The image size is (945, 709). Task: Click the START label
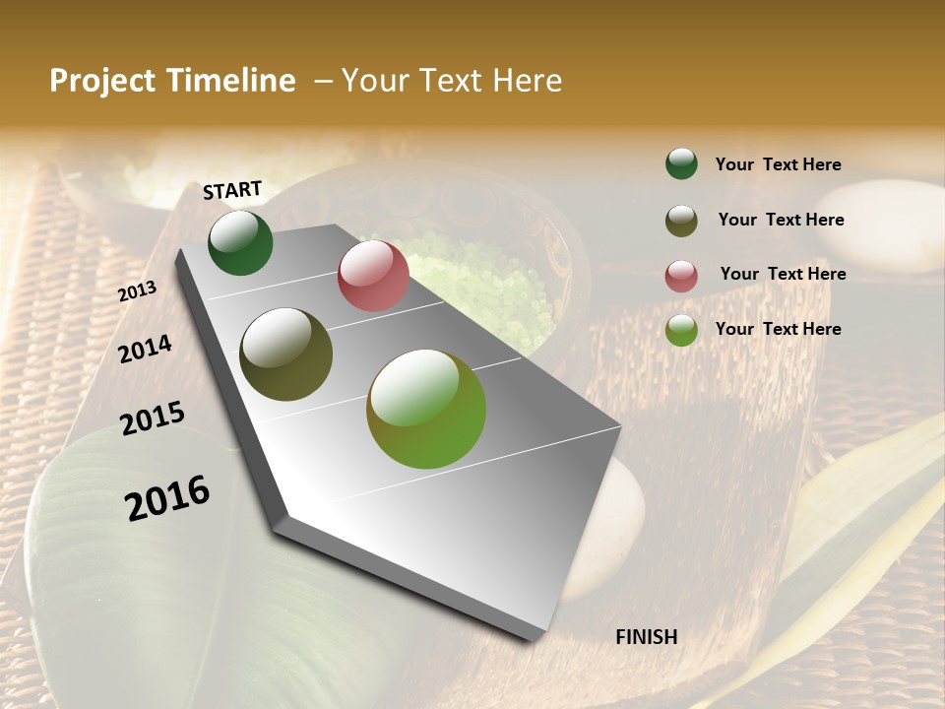tap(232, 190)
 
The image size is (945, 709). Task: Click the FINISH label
tap(647, 637)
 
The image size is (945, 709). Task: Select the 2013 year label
tap(138, 291)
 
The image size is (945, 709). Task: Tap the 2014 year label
tap(146, 349)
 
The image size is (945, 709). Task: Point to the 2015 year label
tap(153, 419)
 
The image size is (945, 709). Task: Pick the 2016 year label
tap(167, 497)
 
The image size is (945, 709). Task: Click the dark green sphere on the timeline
tap(240, 242)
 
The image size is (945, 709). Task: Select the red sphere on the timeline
tap(373, 276)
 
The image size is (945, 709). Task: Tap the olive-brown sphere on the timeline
tap(286, 354)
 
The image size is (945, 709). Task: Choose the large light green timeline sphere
tap(426, 409)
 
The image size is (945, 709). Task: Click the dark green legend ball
tap(681, 163)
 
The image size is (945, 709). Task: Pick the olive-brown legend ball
tap(681, 221)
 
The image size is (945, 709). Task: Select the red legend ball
tap(681, 276)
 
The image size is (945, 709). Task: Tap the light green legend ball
tap(681, 330)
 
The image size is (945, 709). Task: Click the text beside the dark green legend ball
tap(778, 165)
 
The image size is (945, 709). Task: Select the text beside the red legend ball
tap(783, 274)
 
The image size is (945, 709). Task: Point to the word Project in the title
tap(103, 81)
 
